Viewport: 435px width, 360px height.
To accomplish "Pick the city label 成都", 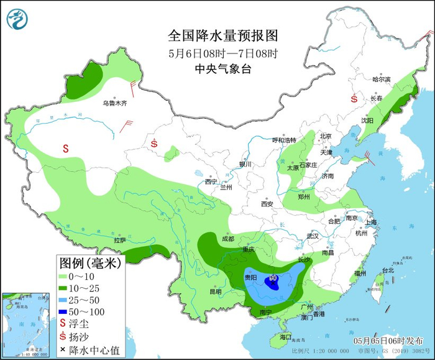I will pyautogui.click(x=227, y=239).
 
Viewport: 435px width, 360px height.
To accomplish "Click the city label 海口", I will pyautogui.click(x=285, y=337).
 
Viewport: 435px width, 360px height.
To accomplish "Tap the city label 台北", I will pyautogui.click(x=388, y=270).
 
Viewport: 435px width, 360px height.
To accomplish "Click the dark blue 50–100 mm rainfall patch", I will pyautogui.click(x=272, y=283).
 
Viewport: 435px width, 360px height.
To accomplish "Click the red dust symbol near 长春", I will pyautogui.click(x=354, y=98).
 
